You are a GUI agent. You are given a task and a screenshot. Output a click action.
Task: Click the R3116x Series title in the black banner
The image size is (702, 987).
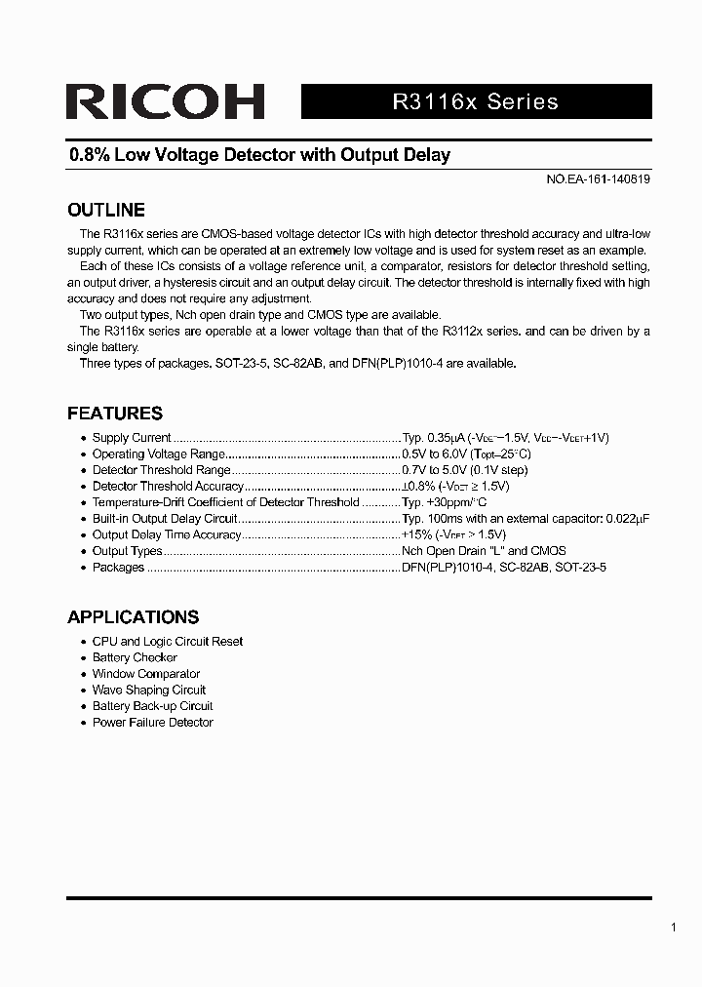(475, 102)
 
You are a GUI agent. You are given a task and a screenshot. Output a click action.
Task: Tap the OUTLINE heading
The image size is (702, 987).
(106, 210)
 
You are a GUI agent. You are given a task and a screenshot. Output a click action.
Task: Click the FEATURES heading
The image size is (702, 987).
(115, 413)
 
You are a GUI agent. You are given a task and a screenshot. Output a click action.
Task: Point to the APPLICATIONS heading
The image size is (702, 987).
(133, 616)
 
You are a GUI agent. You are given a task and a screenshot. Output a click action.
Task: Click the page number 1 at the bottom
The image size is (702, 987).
(674, 928)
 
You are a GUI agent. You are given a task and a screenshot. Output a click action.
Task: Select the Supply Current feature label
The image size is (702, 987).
(132, 438)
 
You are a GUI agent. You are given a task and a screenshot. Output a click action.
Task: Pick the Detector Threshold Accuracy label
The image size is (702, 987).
(167, 486)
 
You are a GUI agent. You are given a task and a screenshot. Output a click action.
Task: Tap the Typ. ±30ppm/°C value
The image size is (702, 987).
(444, 502)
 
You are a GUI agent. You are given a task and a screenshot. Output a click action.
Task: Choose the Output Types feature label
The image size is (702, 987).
(127, 551)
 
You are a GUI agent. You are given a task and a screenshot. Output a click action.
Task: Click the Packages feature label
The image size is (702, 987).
(118, 567)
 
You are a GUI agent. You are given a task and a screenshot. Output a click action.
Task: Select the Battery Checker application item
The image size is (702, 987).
(135, 657)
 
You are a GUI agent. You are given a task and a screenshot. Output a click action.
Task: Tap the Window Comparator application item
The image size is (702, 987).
(146, 674)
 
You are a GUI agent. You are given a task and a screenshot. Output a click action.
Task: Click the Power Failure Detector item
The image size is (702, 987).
(152, 723)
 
